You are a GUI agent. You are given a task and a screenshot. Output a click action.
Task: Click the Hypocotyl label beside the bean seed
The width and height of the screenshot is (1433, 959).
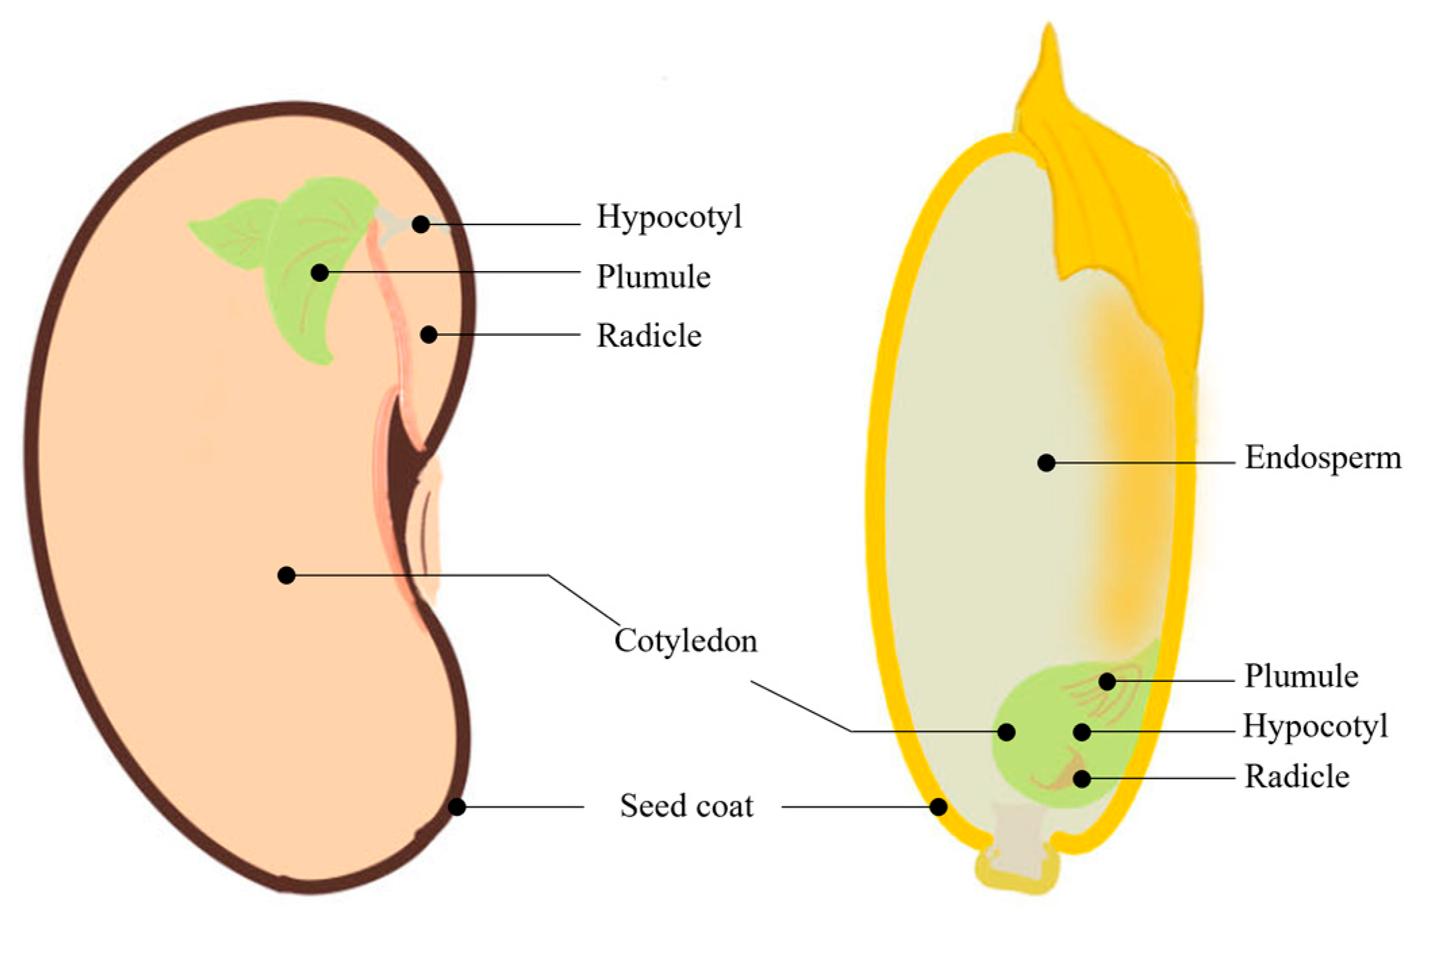(x=669, y=218)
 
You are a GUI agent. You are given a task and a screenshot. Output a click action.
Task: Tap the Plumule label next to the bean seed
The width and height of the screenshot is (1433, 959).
(x=653, y=277)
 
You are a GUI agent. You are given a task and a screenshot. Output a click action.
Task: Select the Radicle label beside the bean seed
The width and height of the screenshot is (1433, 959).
(x=649, y=336)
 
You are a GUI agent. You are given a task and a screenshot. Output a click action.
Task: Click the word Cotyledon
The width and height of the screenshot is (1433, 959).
(x=685, y=641)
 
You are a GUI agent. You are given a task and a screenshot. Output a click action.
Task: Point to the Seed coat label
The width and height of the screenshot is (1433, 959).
(x=686, y=806)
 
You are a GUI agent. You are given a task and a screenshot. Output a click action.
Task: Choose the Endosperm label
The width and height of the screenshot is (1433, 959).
(x=1323, y=458)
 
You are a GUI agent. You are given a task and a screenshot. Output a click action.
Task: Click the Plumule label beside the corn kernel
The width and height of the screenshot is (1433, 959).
(x=1301, y=677)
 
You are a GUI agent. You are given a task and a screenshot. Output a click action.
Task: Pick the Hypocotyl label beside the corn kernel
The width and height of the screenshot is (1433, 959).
(x=1315, y=727)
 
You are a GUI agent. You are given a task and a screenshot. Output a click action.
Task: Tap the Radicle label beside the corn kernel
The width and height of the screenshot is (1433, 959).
(x=1296, y=777)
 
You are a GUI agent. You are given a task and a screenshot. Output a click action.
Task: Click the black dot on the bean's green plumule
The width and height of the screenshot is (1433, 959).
(x=320, y=272)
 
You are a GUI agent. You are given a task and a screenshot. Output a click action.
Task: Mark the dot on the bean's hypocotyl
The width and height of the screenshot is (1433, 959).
(x=420, y=224)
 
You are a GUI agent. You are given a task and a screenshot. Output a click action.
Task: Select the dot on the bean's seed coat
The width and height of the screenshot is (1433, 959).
(x=457, y=806)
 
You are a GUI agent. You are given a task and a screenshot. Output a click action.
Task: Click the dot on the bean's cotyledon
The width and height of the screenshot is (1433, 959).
(x=286, y=575)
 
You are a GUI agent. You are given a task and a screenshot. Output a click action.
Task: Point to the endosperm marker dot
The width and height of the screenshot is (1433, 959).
(x=1046, y=463)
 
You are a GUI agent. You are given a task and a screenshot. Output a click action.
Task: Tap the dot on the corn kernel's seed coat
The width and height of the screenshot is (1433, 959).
(x=938, y=806)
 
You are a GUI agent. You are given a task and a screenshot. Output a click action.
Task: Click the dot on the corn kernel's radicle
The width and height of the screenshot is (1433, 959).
(x=1082, y=779)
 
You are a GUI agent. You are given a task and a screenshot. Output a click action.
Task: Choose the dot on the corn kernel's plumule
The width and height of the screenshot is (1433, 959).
(x=1107, y=681)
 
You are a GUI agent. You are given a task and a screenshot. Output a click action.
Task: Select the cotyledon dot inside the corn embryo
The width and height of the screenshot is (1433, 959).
(x=1006, y=731)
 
